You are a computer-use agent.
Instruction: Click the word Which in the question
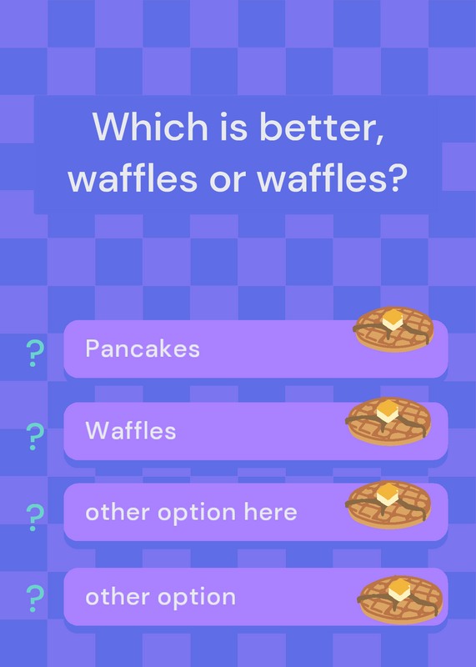(x=150, y=127)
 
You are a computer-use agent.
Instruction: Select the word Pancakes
(x=143, y=349)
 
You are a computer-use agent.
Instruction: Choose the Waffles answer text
(x=131, y=430)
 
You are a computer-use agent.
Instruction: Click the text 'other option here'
(x=191, y=513)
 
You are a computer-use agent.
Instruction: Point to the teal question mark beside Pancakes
(x=35, y=353)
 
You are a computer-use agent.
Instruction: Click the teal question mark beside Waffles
(x=35, y=436)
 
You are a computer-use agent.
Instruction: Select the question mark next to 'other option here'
(x=35, y=517)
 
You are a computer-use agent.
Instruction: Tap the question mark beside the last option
(x=35, y=598)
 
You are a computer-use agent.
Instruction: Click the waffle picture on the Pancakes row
(x=393, y=329)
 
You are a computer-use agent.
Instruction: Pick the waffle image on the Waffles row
(x=388, y=421)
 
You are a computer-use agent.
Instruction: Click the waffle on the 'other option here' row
(x=388, y=504)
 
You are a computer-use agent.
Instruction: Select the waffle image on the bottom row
(x=400, y=599)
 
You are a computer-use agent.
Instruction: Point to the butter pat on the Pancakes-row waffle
(x=393, y=320)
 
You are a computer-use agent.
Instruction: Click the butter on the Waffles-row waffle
(x=388, y=411)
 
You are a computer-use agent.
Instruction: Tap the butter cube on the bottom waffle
(x=399, y=589)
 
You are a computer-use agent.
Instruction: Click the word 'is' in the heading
(x=233, y=128)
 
